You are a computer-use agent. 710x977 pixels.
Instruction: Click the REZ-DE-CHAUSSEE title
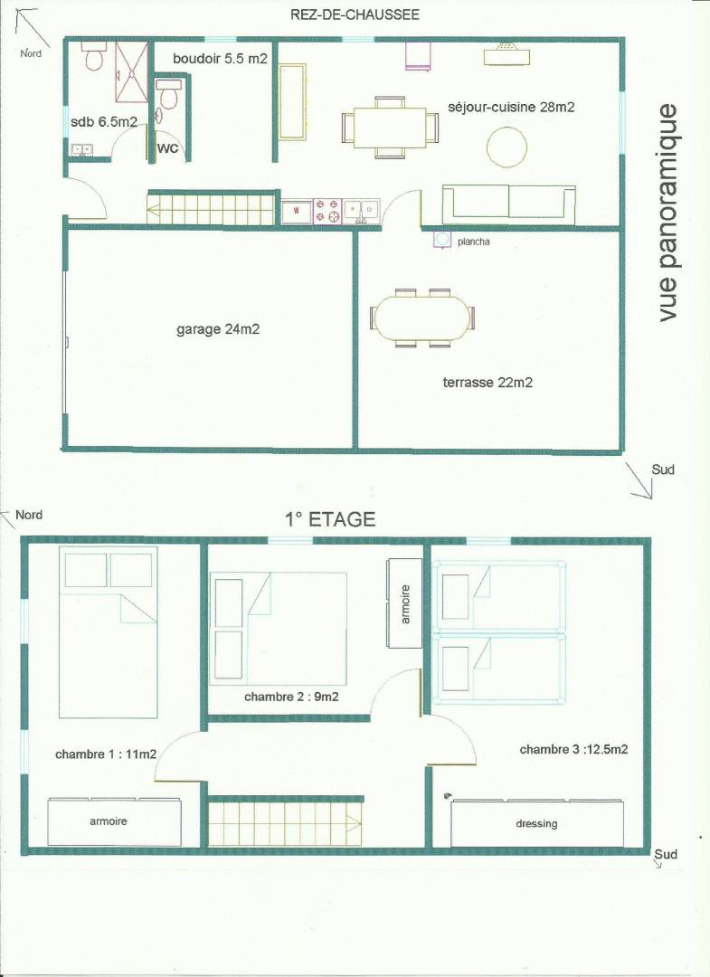[355, 15]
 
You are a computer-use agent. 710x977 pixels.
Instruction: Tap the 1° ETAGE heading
[330, 519]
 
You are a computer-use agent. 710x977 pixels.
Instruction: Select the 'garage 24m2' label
[217, 329]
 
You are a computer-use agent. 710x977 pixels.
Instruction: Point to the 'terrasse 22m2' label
[488, 383]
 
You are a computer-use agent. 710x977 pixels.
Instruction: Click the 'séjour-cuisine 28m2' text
[511, 107]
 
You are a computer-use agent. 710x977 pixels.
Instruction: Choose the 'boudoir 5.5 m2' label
[220, 59]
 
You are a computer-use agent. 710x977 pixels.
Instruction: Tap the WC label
[167, 148]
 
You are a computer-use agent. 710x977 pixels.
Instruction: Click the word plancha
[473, 242]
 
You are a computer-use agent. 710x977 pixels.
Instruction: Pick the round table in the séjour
[506, 147]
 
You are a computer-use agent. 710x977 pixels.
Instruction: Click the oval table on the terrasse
[423, 318]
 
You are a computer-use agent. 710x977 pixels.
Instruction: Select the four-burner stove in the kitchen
[327, 211]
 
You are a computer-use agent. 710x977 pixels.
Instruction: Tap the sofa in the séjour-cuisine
[509, 204]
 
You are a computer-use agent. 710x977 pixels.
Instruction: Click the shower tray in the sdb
[132, 71]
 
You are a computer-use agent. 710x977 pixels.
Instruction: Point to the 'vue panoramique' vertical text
[667, 213]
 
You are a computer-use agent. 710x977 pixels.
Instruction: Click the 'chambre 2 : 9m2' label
[291, 697]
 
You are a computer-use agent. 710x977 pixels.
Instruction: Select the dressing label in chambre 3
[536, 824]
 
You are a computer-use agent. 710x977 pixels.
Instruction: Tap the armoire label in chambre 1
[109, 821]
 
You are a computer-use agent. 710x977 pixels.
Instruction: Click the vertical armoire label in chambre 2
[405, 604]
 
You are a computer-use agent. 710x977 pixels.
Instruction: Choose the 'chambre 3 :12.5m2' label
[573, 750]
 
